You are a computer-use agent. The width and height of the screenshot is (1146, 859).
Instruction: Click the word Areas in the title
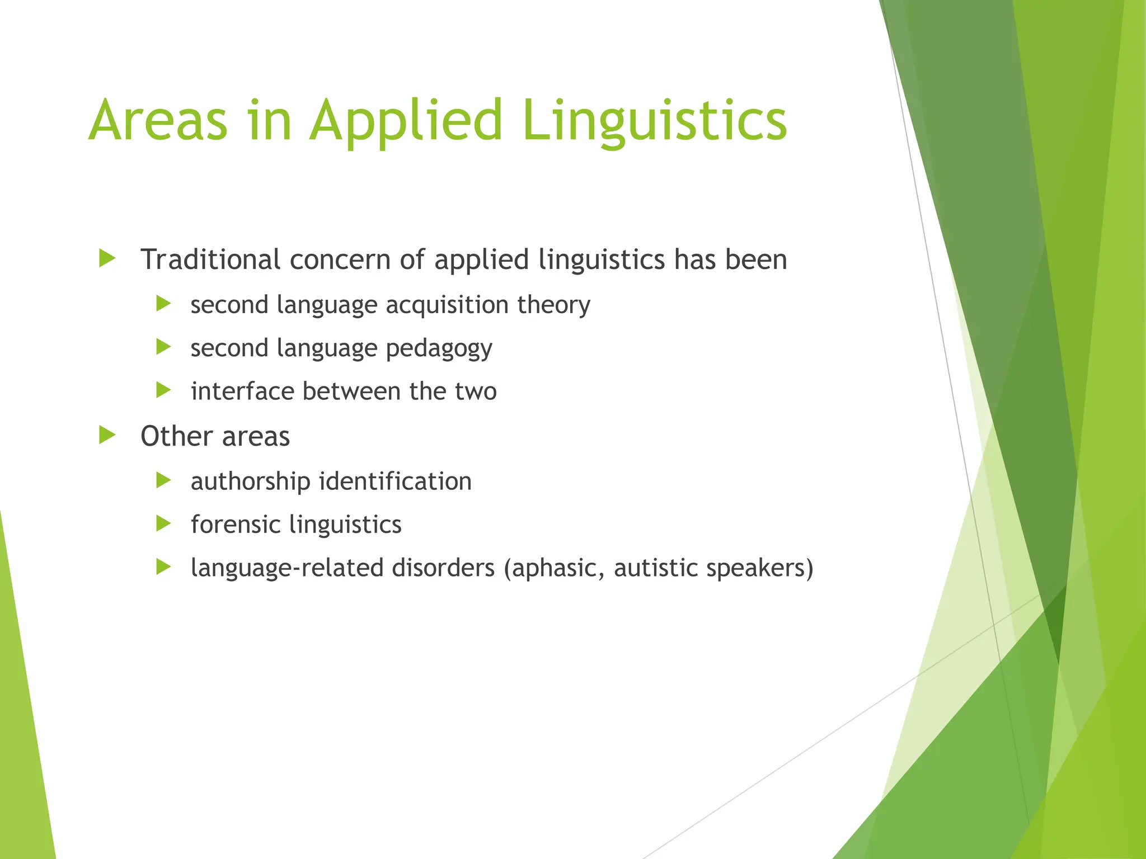158,120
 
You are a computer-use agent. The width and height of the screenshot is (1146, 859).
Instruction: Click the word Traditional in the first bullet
210,259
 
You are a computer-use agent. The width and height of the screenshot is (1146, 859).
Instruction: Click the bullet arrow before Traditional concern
107,258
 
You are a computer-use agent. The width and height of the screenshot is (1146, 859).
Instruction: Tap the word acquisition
447,305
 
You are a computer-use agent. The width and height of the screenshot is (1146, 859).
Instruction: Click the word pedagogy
439,349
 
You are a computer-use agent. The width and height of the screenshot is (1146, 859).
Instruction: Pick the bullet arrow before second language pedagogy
163,347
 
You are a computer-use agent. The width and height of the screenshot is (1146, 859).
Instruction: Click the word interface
242,391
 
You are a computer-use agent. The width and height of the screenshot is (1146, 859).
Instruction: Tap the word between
351,391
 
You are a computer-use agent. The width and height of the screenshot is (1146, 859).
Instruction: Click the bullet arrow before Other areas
107,435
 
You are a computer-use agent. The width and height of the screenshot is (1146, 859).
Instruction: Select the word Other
177,436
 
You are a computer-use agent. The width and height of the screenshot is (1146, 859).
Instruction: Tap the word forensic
236,525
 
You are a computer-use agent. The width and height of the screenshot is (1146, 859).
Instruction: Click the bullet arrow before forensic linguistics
163,524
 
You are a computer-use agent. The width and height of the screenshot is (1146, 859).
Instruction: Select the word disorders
443,568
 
